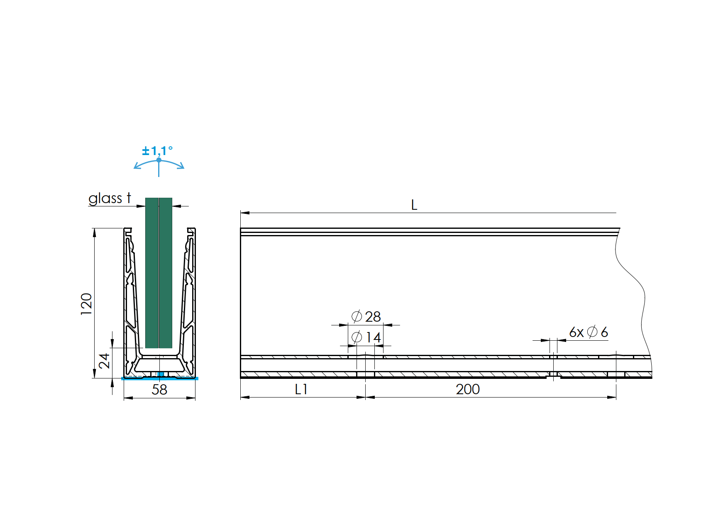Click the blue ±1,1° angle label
(157, 151)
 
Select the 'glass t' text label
(110, 199)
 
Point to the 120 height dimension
(86, 304)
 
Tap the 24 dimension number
(104, 361)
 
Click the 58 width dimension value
(159, 390)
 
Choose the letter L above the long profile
(414, 205)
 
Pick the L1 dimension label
(301, 389)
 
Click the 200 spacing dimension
(468, 389)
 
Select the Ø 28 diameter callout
(366, 317)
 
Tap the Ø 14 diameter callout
(366, 337)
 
